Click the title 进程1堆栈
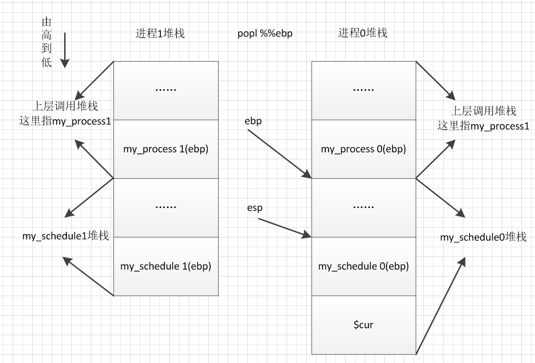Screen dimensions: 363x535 pyautogui.click(x=160, y=33)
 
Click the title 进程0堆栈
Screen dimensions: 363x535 pyautogui.click(x=362, y=33)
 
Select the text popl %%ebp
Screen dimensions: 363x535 pyautogui.click(x=265, y=34)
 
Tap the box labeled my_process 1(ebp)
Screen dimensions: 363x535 pyautogui.click(x=166, y=149)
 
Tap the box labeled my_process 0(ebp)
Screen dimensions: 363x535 pyautogui.click(x=363, y=149)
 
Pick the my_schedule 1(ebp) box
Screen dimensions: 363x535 pyautogui.click(x=166, y=266)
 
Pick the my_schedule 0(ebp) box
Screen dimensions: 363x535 pyautogui.click(x=363, y=266)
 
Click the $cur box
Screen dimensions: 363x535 pyautogui.click(x=363, y=325)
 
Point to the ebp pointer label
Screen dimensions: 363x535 pyautogui.click(x=253, y=122)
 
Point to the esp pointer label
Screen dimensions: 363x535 pyautogui.click(x=255, y=208)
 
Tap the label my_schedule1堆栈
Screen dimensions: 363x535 pyautogui.click(x=65, y=236)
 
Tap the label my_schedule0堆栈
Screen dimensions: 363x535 pyautogui.click(x=483, y=237)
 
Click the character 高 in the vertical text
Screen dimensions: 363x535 pyautogui.click(x=47, y=36)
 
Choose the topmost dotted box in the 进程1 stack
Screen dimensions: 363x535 pyautogui.click(x=166, y=90)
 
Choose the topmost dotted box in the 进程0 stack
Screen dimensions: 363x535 pyautogui.click(x=363, y=90)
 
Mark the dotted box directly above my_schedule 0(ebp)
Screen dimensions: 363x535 pyautogui.click(x=363, y=208)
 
